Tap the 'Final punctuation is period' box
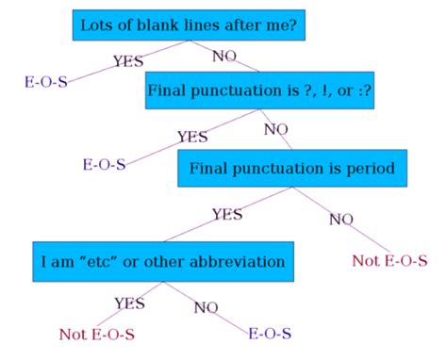coord(291,168)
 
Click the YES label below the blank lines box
coord(128,62)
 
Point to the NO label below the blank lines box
coord(224,57)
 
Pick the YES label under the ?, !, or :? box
coord(192,138)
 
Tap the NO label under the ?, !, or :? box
coord(275,129)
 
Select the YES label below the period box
coord(227,214)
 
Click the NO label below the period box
coord(341,220)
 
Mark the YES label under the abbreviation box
coord(129,303)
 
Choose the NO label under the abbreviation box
coord(207,307)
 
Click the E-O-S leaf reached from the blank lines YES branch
coord(46,81)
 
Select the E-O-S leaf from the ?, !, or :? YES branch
coord(104,166)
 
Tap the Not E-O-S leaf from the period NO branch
coord(389,260)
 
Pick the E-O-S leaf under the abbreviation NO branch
coord(270,334)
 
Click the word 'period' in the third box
coord(368,169)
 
